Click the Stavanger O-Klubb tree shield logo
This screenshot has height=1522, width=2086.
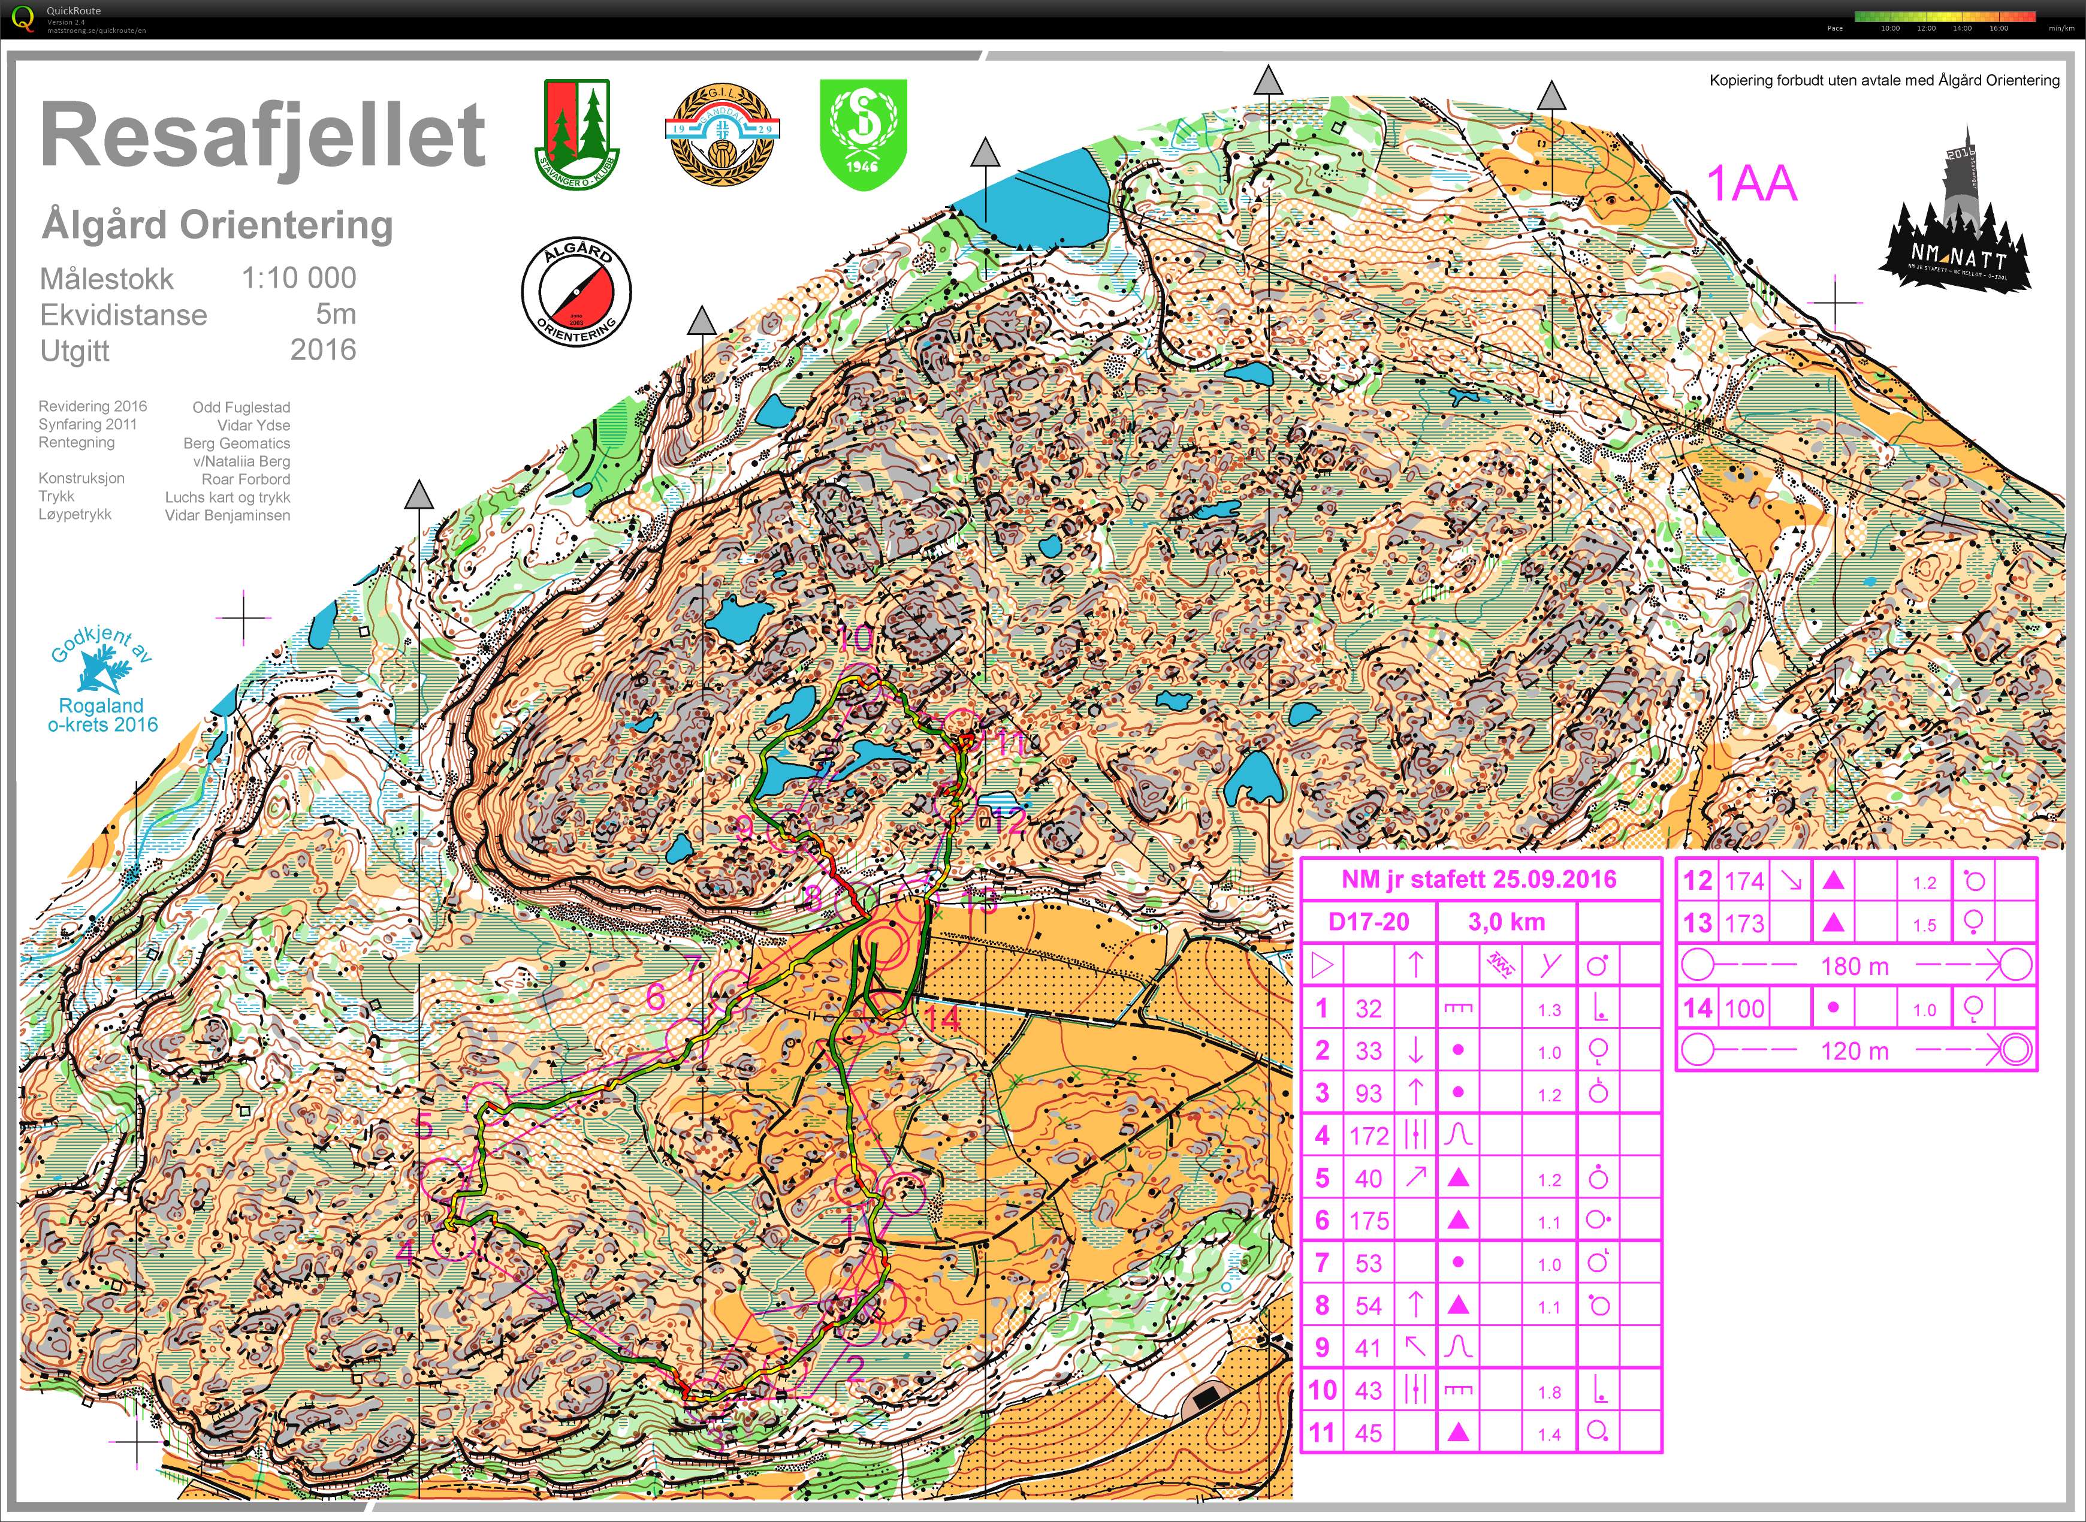click(577, 134)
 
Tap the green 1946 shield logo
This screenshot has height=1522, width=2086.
click(864, 134)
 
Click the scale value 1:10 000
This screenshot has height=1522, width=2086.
click(298, 278)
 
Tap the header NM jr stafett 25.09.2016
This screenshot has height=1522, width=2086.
click(1479, 879)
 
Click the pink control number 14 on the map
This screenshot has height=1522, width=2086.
click(941, 1018)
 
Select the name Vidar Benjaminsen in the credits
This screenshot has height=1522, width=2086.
click(228, 515)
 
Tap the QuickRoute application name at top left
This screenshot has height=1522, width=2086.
click(74, 11)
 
